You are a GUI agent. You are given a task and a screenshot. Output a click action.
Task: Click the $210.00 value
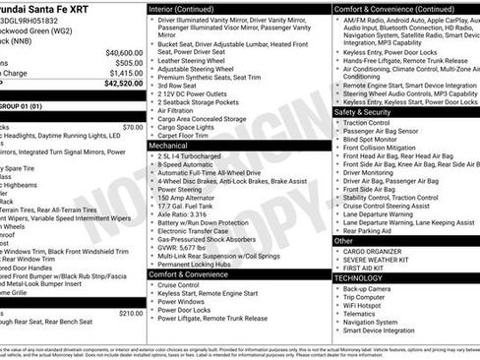130,314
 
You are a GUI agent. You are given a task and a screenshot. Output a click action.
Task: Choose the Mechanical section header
169,144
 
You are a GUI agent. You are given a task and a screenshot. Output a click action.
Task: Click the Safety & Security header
363,112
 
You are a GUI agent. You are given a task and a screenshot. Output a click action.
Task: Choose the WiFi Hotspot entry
367,305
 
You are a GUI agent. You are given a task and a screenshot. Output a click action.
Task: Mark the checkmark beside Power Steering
152,190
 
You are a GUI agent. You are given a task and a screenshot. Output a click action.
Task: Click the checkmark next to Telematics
336,314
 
